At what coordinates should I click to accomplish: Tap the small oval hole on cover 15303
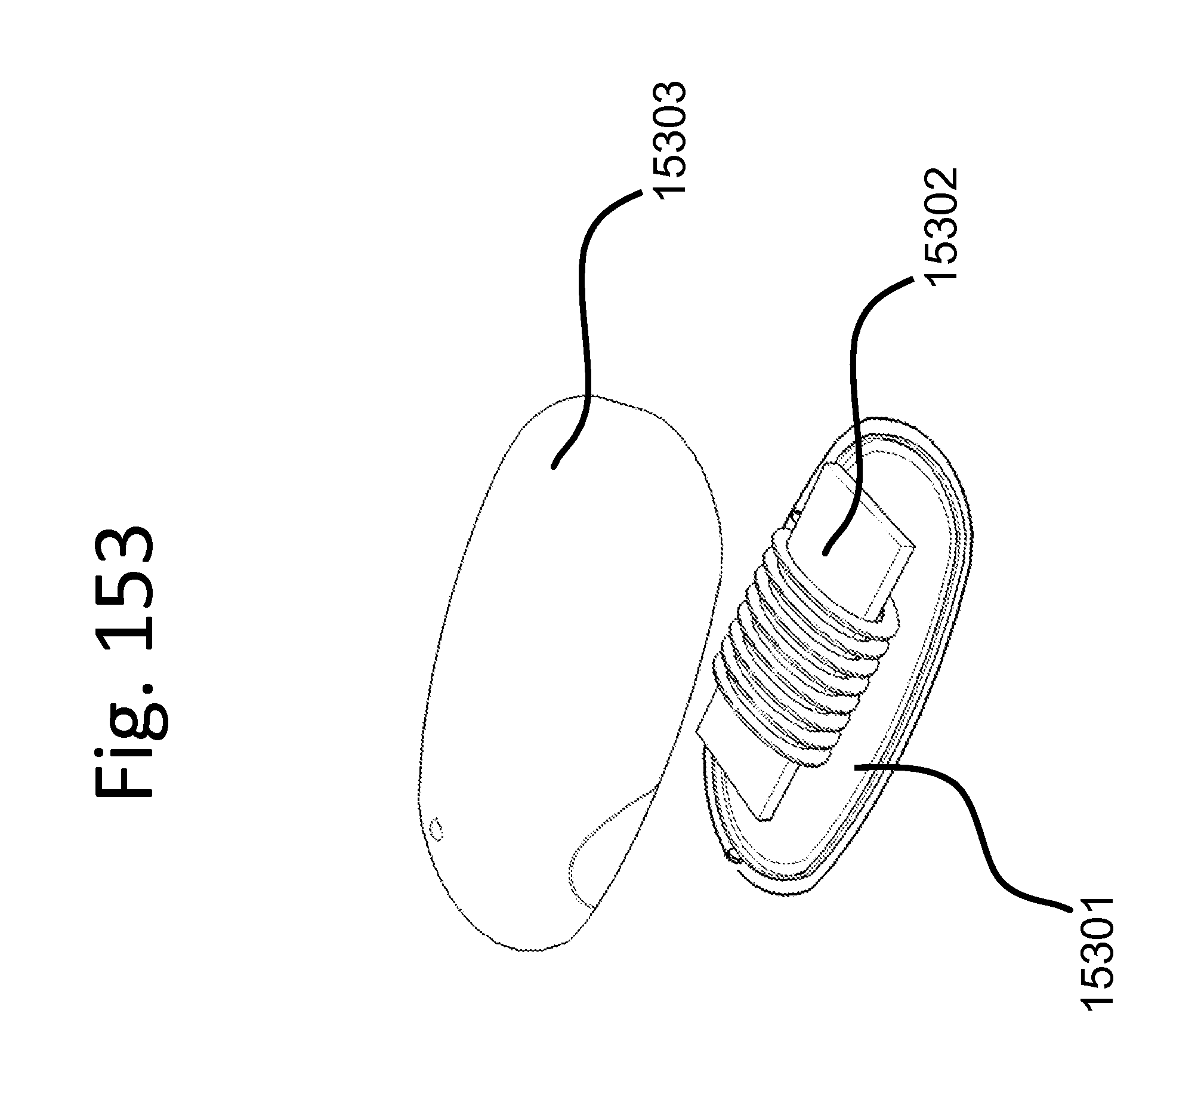tap(437, 830)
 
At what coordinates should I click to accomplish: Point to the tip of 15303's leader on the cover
tap(554, 466)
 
